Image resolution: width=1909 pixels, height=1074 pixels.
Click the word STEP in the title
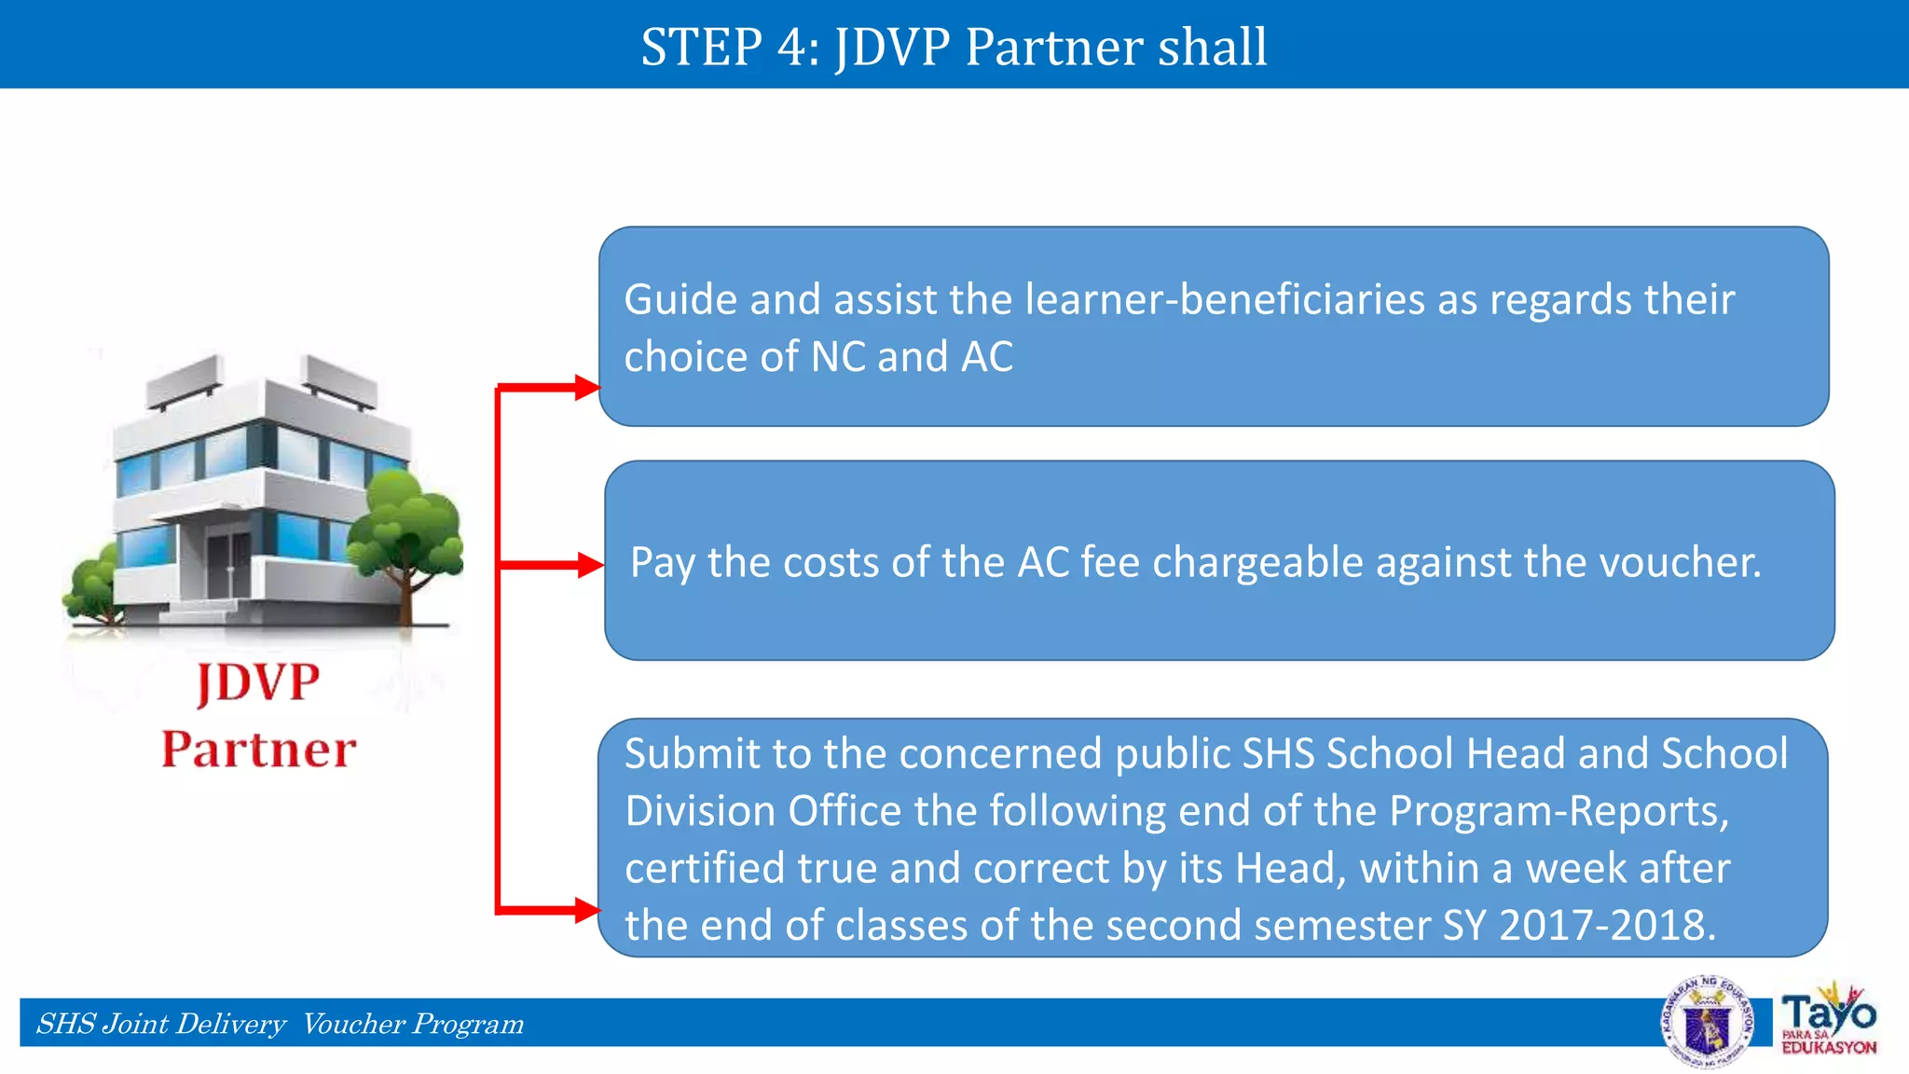(x=701, y=47)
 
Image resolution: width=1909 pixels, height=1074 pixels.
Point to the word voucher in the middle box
(x=1679, y=562)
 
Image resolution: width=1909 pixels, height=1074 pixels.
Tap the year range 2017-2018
(x=1606, y=926)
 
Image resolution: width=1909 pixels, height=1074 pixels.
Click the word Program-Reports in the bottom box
(x=1558, y=811)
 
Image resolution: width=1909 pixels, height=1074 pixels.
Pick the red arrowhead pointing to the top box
(x=587, y=387)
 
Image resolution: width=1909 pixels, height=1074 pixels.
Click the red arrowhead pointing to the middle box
(x=590, y=565)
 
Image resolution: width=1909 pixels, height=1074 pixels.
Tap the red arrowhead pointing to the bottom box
(x=587, y=910)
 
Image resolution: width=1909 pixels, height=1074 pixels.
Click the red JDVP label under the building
(x=258, y=683)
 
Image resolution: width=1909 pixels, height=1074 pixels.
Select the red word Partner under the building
(x=258, y=750)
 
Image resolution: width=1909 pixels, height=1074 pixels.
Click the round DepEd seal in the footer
(x=1708, y=1023)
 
